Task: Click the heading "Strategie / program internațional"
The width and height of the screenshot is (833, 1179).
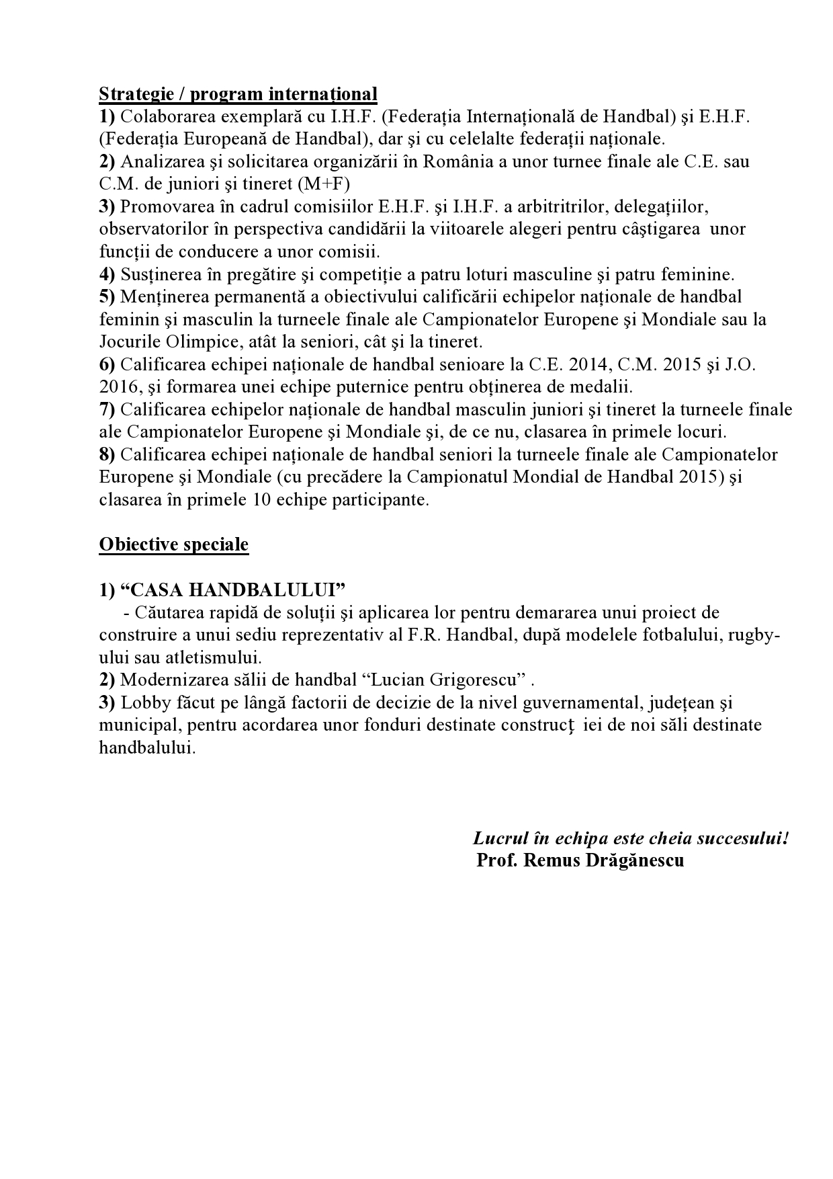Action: point(238,93)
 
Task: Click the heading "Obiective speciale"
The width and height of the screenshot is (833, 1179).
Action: point(173,544)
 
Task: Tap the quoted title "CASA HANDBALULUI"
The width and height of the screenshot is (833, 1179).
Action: point(232,589)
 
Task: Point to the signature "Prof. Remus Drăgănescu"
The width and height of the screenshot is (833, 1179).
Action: point(580,860)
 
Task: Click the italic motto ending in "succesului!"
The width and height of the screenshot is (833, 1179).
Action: point(630,838)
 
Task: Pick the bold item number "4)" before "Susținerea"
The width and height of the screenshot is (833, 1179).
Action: point(107,274)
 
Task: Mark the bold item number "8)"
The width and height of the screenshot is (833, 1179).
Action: point(107,454)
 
